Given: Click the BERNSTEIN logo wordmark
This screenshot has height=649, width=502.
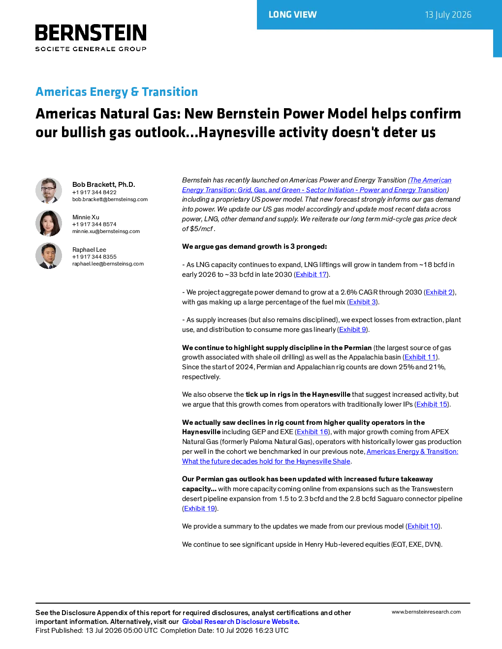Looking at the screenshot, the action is tap(91, 32).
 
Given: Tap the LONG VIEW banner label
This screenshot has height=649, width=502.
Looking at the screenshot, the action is tap(292, 15).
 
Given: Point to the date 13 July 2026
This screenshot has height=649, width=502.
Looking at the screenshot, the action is tap(448, 15).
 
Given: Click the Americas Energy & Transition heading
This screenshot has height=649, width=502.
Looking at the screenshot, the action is tap(117, 92).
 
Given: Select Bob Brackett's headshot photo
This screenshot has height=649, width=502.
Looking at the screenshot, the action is tap(49, 191).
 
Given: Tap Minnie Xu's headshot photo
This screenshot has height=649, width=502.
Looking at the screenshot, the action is tap(49, 223).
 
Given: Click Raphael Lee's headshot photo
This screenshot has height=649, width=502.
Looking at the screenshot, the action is tap(49, 256).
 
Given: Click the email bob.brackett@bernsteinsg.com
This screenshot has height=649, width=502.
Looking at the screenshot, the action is tap(110, 199).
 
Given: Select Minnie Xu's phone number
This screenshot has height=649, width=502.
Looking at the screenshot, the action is tap(94, 224).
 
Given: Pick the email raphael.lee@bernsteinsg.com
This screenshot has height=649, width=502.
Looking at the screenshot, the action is tap(108, 264).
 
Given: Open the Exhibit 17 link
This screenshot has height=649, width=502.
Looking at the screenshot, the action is tap(311, 274).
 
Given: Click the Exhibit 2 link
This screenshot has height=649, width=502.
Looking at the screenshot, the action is tap(439, 292).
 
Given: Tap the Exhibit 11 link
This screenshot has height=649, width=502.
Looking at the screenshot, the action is tap(420, 357).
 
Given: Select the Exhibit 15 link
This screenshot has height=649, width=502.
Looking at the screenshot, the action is tap(432, 404).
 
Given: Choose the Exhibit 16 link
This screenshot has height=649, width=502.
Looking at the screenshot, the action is tap(313, 432).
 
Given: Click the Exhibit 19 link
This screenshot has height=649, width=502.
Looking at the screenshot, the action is tap(199, 508).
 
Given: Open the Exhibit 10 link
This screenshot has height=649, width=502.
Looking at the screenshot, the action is tap(423, 526).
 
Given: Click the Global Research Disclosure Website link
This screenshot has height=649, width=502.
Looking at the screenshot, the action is tap(240, 621).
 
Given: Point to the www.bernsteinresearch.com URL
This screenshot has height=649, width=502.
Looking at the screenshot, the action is tap(426, 612).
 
